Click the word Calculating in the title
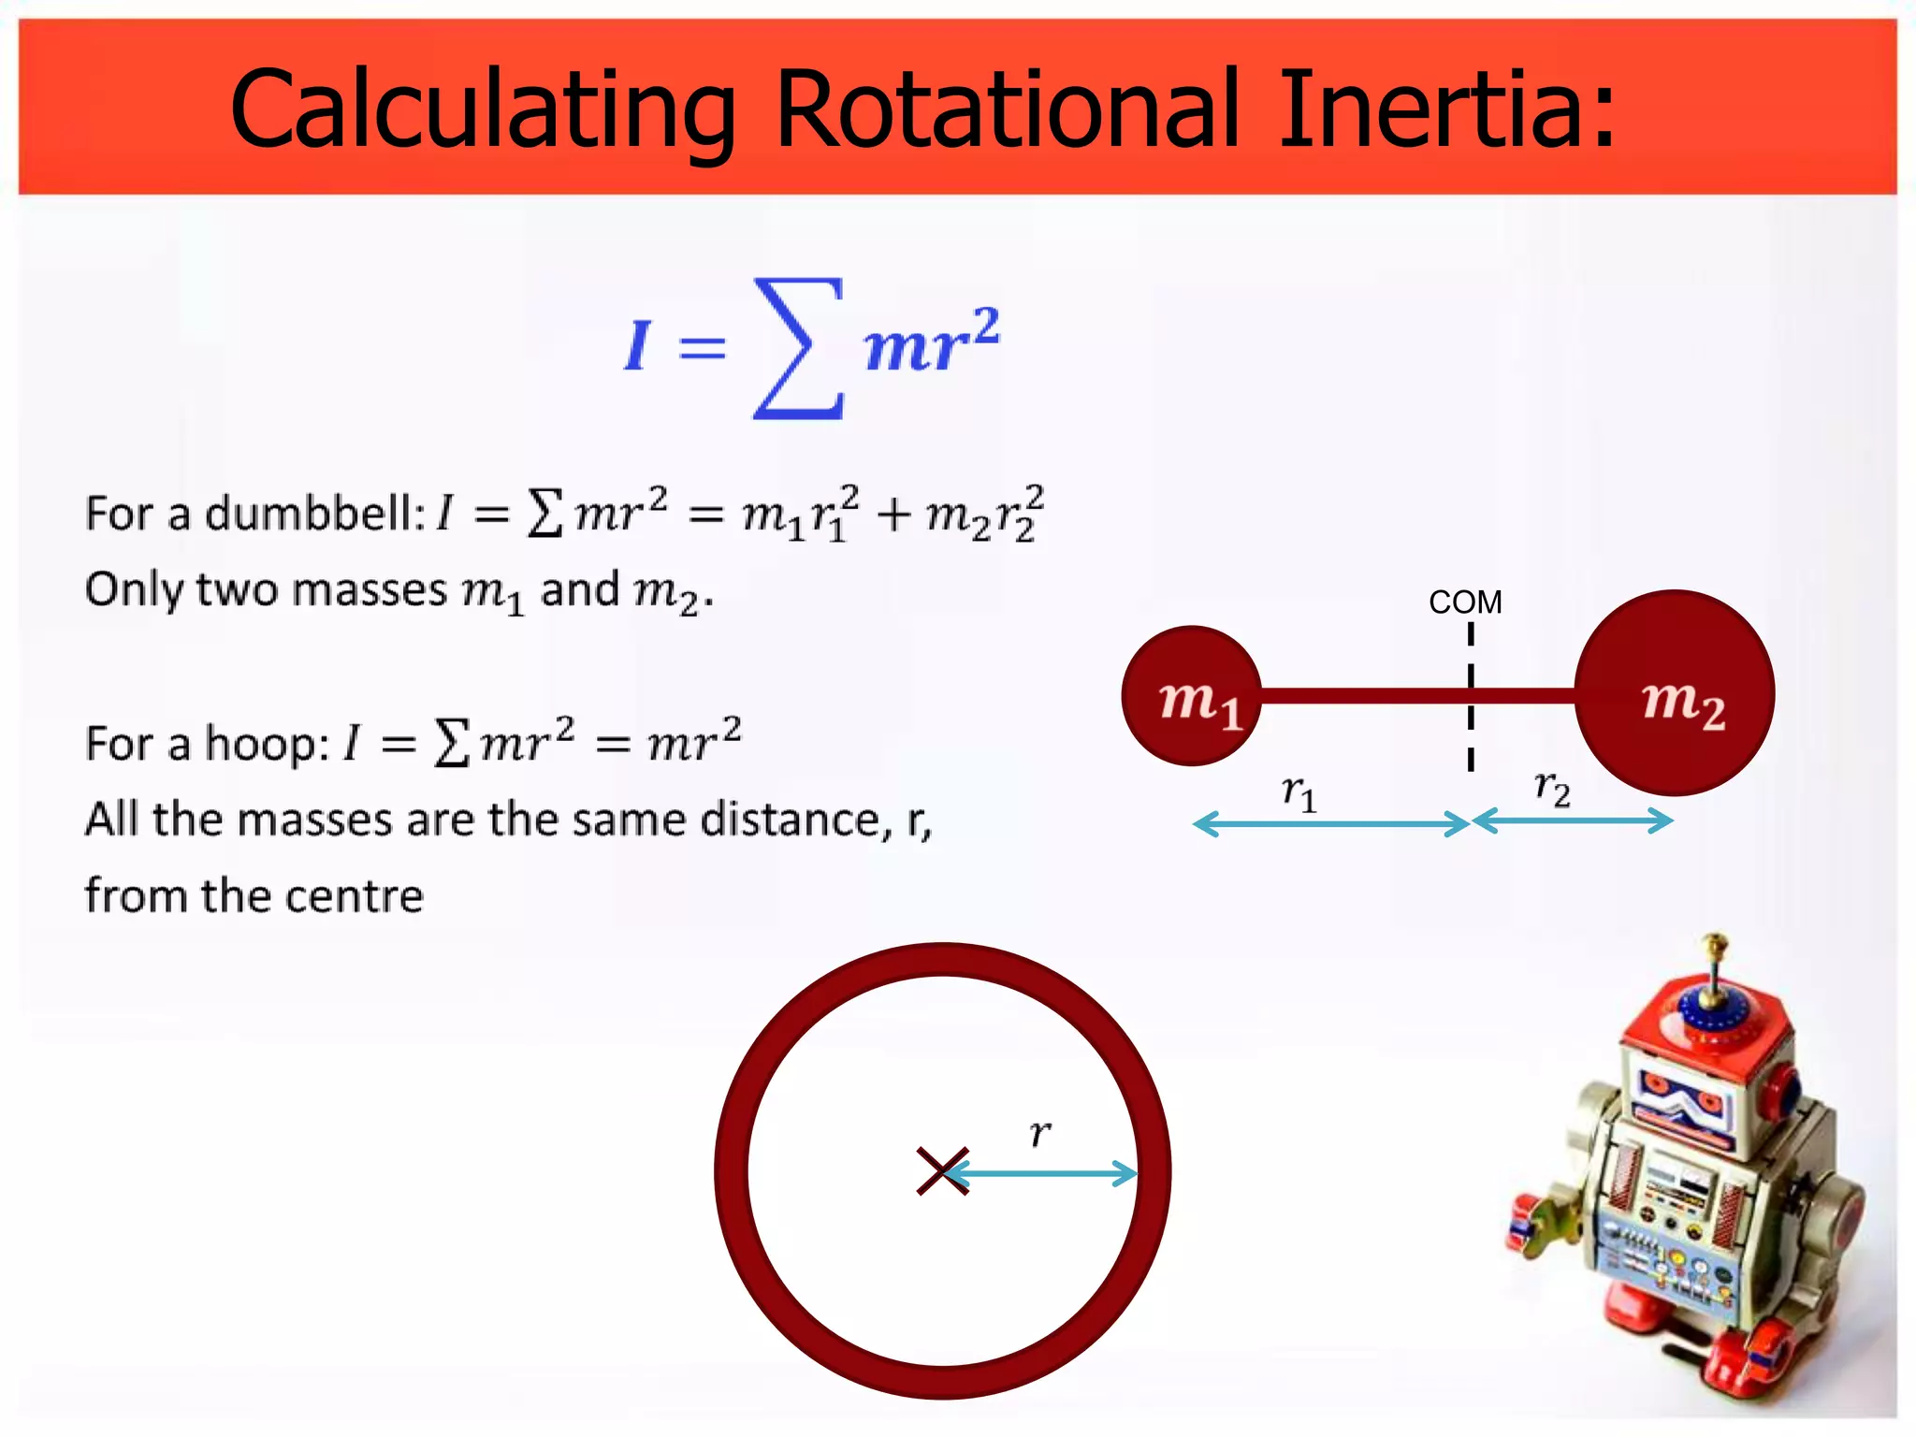(482, 110)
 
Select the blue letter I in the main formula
(637, 345)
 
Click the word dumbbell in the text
(314, 514)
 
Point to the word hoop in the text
(266, 745)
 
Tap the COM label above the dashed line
(1465, 602)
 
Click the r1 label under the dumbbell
(1299, 793)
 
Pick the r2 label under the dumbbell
(1552, 789)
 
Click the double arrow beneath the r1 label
(1331, 824)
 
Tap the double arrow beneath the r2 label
(1573, 820)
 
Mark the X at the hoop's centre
(942, 1171)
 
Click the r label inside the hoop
(1039, 1134)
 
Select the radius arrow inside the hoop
(1043, 1173)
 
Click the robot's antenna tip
(1715, 939)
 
